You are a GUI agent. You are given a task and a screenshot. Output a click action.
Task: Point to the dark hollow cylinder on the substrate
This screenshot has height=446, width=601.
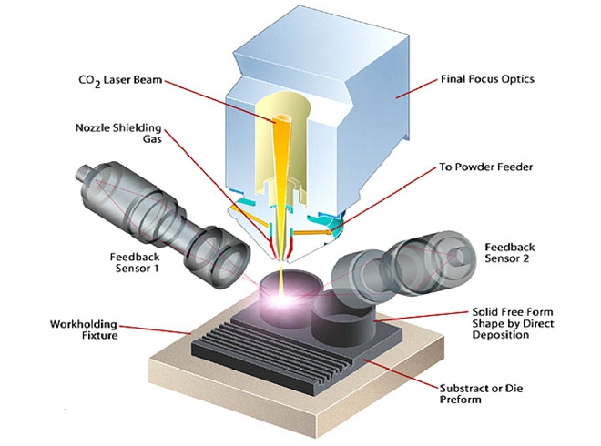[344, 318]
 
